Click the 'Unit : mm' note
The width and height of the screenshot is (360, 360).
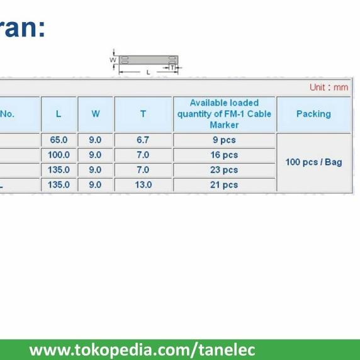point(329,87)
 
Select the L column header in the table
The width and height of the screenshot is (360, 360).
point(59,114)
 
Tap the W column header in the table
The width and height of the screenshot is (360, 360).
point(95,114)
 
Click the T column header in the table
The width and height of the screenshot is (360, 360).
point(143,114)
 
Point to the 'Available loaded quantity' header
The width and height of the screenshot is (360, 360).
point(224,114)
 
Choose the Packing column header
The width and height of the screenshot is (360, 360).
point(313,114)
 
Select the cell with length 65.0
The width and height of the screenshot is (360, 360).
point(59,140)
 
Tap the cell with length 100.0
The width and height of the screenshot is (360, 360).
point(59,155)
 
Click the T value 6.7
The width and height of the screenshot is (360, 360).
point(143,140)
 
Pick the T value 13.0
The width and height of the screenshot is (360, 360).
point(143,185)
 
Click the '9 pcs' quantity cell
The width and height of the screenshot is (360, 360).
point(224,140)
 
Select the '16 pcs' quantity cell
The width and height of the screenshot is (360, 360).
point(224,155)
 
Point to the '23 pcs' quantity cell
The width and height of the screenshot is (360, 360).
point(224,170)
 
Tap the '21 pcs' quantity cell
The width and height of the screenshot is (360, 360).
point(224,185)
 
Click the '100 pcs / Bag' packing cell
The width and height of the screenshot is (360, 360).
point(313,162)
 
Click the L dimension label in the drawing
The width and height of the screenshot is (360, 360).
point(149,72)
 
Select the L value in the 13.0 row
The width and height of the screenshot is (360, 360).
point(59,185)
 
